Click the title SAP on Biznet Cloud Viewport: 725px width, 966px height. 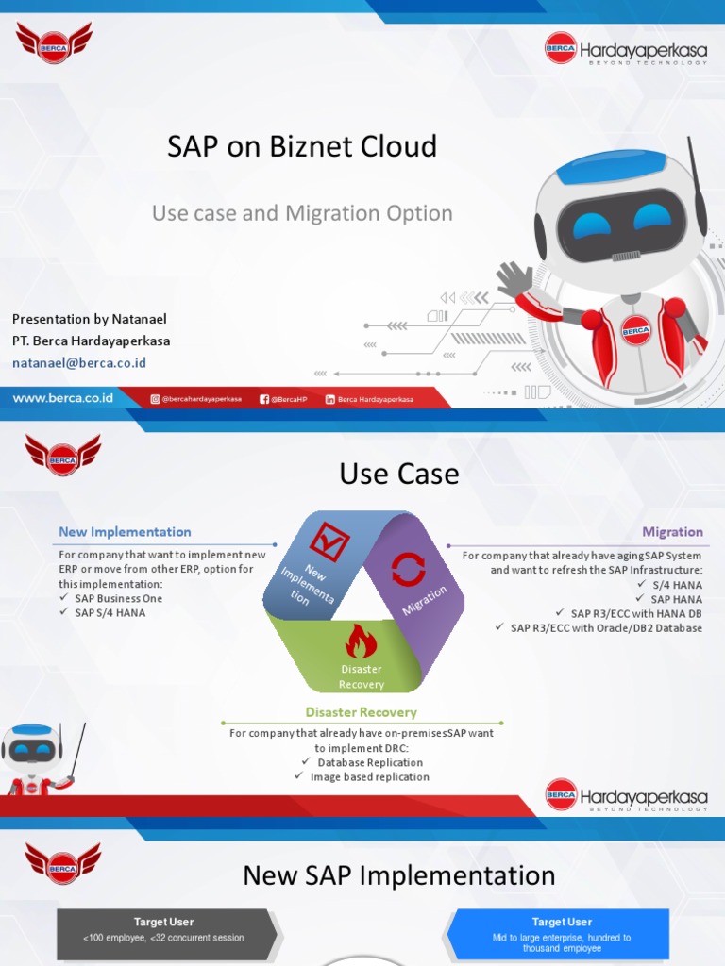[x=302, y=146]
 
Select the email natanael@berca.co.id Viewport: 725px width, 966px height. [x=79, y=362]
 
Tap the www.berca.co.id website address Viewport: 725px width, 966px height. [x=62, y=398]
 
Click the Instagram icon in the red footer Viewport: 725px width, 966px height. [x=156, y=399]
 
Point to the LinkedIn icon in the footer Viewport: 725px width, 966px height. [x=330, y=399]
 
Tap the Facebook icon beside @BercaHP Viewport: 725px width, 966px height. [x=264, y=399]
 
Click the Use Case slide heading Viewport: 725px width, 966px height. [x=399, y=474]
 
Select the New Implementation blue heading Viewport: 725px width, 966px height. [x=125, y=532]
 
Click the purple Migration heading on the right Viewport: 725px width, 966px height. [x=672, y=532]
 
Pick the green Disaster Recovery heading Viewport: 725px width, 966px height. [x=361, y=712]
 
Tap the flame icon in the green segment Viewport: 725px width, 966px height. [x=361, y=641]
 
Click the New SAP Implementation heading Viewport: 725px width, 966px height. [x=399, y=875]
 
